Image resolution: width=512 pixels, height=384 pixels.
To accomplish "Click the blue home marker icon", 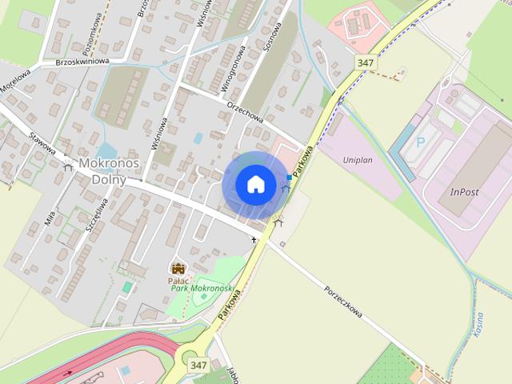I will pos(255,184).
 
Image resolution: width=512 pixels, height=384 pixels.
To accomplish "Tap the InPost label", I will pos(464,192).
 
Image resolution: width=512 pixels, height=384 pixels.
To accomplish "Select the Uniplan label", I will pos(358,160).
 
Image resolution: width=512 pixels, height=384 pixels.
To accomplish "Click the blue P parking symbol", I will pos(422,142).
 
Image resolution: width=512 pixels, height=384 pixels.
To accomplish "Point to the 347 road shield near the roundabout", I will pos(199,365).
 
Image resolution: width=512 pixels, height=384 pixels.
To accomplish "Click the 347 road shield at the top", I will pos(366,62).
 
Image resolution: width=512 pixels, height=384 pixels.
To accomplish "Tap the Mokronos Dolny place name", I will pos(109,171).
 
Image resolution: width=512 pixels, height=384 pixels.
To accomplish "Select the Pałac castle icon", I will pos(178,268).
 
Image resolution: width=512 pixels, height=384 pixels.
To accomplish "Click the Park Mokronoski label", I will pos(202,288).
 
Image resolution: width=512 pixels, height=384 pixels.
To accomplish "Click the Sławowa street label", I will pos(42,144).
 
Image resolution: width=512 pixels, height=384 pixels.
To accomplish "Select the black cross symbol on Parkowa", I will pos(254,239).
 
